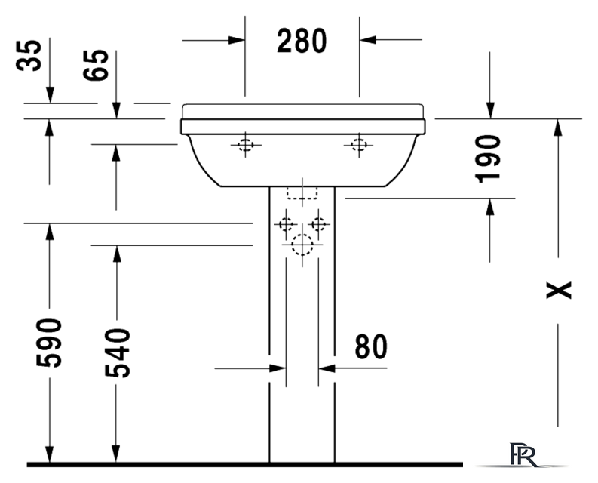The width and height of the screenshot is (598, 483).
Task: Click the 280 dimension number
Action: [302, 41]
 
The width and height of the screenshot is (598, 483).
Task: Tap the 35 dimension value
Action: [29, 56]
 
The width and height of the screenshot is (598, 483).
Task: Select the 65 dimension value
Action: [96, 65]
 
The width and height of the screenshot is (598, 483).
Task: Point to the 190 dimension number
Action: [488, 158]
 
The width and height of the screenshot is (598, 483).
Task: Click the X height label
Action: [559, 291]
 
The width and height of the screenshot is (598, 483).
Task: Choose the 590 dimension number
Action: [49, 343]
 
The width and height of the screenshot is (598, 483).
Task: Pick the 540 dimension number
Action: [118, 352]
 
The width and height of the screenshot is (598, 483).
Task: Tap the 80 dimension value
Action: [371, 346]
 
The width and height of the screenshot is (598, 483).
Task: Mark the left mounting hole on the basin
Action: [246, 145]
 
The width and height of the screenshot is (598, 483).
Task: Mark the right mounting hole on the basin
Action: [359, 145]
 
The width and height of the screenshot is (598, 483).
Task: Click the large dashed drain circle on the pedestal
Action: [302, 245]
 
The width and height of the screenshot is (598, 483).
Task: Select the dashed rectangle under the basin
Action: [302, 192]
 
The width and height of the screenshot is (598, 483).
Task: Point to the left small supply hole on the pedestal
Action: [286, 223]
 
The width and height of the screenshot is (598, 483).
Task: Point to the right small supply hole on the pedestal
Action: [318, 223]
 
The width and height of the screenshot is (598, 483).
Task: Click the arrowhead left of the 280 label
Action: [236, 40]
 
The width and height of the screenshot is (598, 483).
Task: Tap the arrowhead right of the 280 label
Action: [368, 39]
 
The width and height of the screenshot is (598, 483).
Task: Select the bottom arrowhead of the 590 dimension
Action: [49, 454]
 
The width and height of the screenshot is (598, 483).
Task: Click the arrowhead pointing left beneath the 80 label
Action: [327, 368]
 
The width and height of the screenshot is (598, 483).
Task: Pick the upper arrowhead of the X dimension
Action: [558, 128]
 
